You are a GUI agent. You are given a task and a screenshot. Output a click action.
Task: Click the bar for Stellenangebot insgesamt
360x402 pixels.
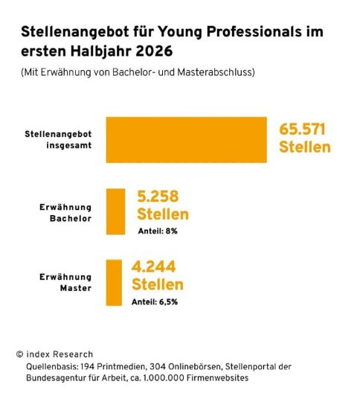tap(186, 140)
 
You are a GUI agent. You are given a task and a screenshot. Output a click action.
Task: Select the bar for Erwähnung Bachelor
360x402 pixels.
tap(115, 211)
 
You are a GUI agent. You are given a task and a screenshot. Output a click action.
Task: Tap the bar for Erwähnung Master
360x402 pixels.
tap(114, 283)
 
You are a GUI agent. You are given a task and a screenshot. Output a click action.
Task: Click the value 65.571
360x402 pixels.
tap(302, 130)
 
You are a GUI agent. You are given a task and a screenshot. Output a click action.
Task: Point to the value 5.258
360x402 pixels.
tap(158, 197)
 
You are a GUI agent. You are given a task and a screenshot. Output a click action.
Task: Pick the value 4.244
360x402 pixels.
tap(153, 267)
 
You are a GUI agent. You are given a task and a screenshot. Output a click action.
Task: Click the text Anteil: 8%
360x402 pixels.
tap(158, 232)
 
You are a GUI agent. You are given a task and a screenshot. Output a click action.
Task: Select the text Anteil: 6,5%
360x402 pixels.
tap(155, 302)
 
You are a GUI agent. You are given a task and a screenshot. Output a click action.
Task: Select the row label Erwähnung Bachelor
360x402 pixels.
tap(65, 213)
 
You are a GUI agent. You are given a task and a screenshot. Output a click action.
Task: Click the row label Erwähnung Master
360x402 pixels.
tap(65, 283)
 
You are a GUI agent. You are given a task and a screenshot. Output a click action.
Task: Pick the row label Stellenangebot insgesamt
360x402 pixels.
tap(58, 140)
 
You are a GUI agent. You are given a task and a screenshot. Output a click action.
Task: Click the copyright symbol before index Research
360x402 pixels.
tap(20, 354)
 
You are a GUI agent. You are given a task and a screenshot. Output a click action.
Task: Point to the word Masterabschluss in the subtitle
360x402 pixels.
tap(215, 72)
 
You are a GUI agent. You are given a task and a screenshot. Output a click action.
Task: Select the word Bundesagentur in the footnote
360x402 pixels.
tap(56, 378)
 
